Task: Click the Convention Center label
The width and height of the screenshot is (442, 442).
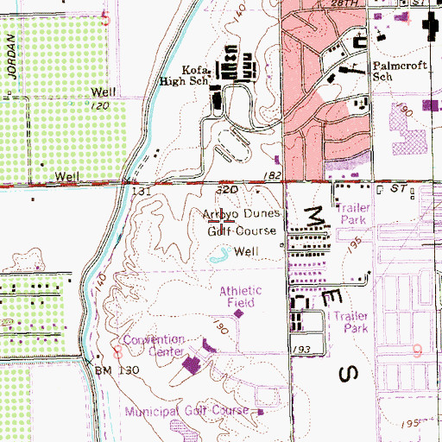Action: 154,345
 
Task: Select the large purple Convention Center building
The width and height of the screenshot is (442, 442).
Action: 193,367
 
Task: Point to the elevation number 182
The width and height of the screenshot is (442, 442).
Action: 274,176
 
